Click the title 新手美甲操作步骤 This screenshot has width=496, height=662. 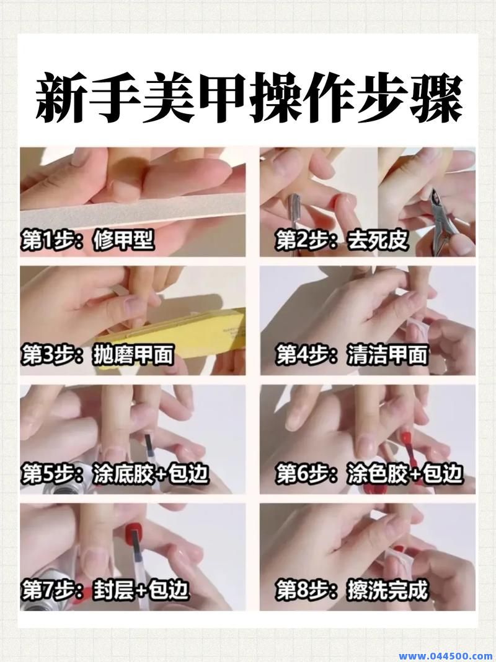[x=248, y=98]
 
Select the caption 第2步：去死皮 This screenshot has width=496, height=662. [x=343, y=241]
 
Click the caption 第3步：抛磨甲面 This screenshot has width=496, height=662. [x=97, y=355]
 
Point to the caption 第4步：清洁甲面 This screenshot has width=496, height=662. [x=352, y=355]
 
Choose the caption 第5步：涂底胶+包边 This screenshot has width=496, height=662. [x=115, y=474]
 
